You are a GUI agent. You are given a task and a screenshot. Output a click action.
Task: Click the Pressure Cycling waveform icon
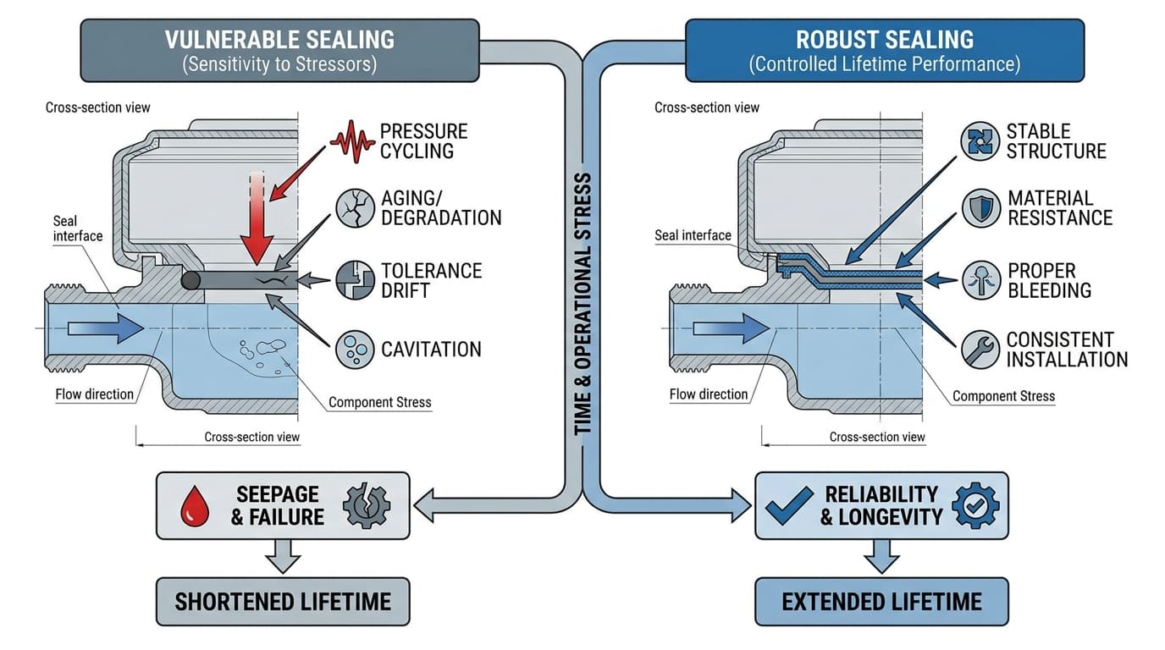point(351,140)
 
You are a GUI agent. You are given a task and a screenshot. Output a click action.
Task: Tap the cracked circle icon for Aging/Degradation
point(355,207)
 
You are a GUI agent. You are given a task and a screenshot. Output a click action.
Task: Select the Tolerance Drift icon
point(355,280)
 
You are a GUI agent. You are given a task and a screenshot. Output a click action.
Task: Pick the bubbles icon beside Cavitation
point(355,349)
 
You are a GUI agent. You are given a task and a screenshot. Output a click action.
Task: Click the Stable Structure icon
point(980,140)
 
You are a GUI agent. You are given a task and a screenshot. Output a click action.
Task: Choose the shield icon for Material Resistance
point(980,207)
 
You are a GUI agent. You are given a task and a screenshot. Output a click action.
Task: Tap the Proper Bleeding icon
point(980,280)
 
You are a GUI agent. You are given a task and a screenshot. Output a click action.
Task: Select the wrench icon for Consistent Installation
point(980,349)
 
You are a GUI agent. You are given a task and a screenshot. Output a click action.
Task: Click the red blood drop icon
point(195,506)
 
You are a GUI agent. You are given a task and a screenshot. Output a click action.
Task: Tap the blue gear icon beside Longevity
point(975,506)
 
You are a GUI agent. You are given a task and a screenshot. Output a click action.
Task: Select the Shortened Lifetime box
point(283,602)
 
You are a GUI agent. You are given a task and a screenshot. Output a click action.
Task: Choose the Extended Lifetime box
point(881,602)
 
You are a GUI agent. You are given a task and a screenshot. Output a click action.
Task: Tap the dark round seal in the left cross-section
point(190,281)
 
